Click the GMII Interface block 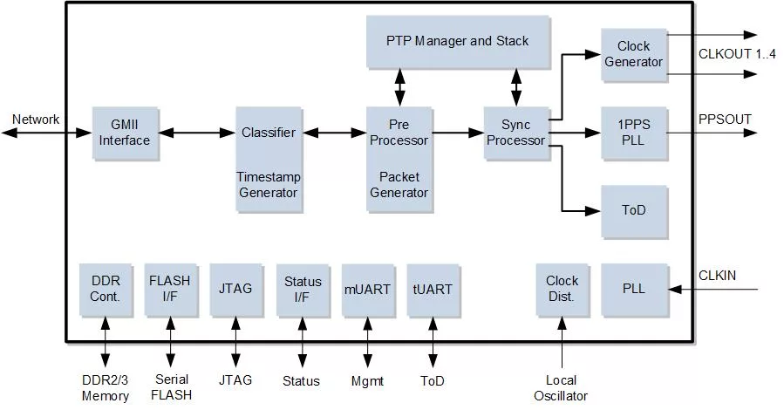pyautogui.click(x=126, y=133)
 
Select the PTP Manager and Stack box pyautogui.click(x=458, y=41)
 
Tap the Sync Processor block pyautogui.click(x=516, y=133)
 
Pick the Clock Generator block pyautogui.click(x=634, y=54)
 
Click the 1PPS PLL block pyautogui.click(x=634, y=133)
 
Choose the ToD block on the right pyautogui.click(x=634, y=211)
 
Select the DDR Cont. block pyautogui.click(x=106, y=290)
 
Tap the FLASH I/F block pyautogui.click(x=171, y=290)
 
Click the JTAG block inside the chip pyautogui.click(x=236, y=290)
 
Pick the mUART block pyautogui.click(x=367, y=290)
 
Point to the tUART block pyautogui.click(x=433, y=290)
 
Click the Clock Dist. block pyautogui.click(x=562, y=290)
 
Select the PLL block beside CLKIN pyautogui.click(x=634, y=290)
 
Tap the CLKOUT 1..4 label pyautogui.click(x=737, y=54)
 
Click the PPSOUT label pyautogui.click(x=725, y=120)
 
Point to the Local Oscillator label pyautogui.click(x=561, y=388)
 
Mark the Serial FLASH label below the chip pyautogui.click(x=172, y=387)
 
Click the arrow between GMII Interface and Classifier pyautogui.click(x=197, y=133)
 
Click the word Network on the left pyautogui.click(x=36, y=120)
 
